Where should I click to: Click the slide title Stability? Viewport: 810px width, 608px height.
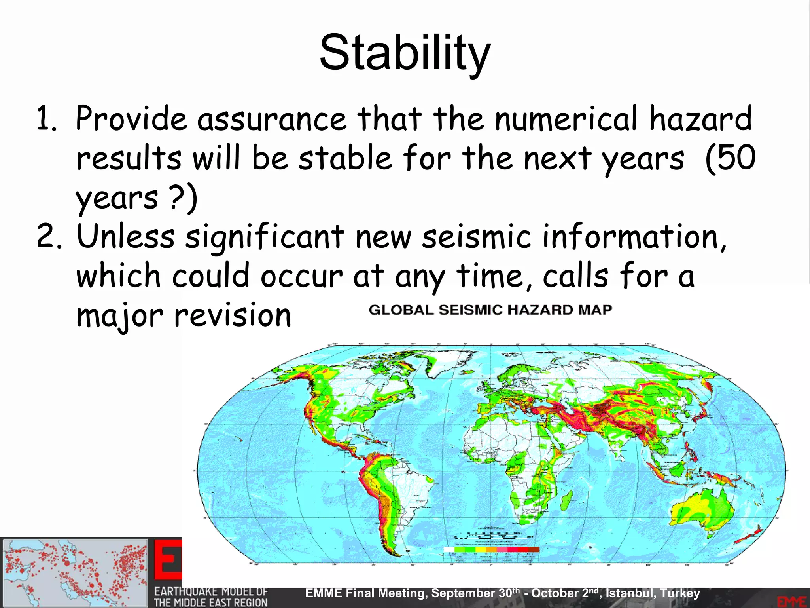[x=405, y=53]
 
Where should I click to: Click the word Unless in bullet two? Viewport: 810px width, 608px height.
[x=125, y=236]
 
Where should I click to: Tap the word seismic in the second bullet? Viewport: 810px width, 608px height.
[x=476, y=236]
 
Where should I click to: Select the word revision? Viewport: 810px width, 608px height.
[x=233, y=315]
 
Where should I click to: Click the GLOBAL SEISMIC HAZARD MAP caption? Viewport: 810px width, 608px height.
[x=490, y=310]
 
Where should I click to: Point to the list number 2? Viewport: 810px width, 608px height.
[x=48, y=237]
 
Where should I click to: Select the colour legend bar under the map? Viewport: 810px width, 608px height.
[x=492, y=549]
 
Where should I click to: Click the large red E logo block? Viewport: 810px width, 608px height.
[x=168, y=560]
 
